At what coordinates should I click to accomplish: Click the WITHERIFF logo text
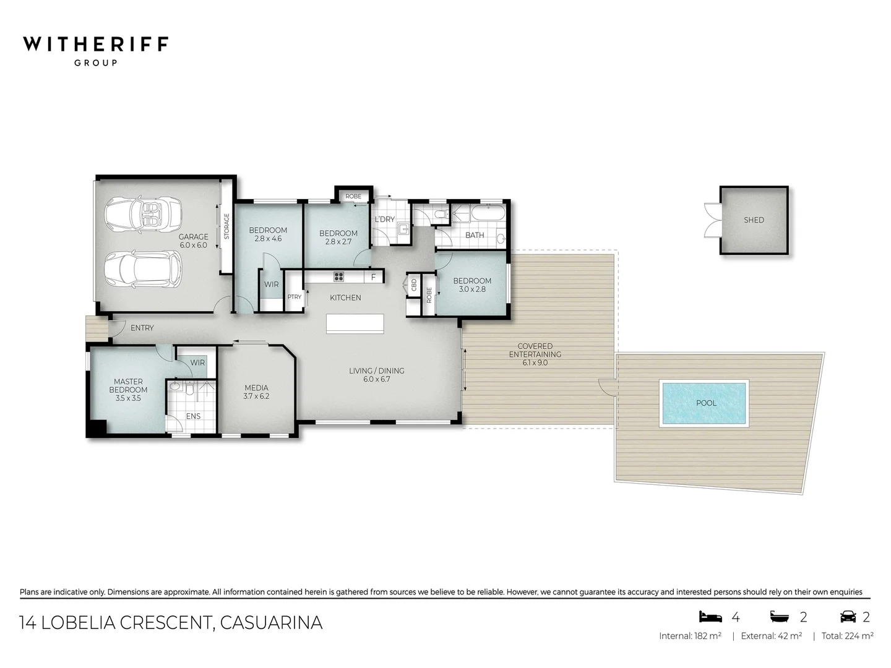95,45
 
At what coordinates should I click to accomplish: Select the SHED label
754,220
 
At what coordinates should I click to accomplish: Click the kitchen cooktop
339,276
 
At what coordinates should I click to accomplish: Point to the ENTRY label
142,328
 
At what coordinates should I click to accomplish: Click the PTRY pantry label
295,298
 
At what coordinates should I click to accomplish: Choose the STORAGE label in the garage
226,226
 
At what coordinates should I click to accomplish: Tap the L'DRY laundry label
385,220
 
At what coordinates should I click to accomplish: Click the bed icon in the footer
710,617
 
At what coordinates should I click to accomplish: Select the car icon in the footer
847,617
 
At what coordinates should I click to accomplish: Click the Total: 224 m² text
847,636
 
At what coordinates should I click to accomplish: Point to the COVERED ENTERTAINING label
535,350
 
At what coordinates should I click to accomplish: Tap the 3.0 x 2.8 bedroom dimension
472,289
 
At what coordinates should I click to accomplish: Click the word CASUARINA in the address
271,622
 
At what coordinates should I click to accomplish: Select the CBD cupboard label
414,285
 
